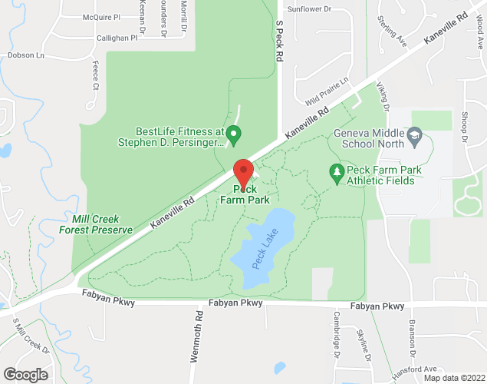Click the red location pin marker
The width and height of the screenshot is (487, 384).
[244, 173]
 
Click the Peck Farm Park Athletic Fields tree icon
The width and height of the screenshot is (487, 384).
[335, 170]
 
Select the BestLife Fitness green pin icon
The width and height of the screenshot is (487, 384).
[235, 135]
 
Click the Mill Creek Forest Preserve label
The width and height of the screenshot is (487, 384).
[97, 223]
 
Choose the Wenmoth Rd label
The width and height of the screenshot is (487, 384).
[198, 336]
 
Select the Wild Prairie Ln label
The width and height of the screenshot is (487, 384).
[327, 91]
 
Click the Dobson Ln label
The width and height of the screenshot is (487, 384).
[26, 55]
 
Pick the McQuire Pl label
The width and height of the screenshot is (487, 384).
[101, 16]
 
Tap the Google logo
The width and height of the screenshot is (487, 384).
[25, 375]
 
